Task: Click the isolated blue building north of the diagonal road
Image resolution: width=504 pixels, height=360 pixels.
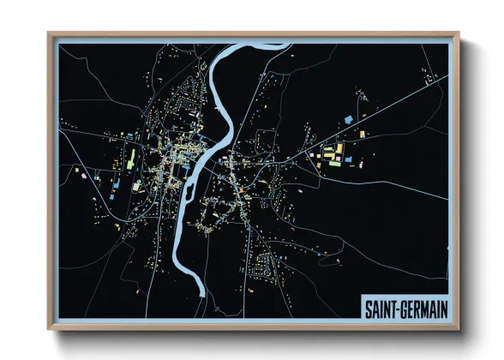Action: point(348,119)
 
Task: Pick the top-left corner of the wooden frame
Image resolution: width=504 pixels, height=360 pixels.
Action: point(50,34)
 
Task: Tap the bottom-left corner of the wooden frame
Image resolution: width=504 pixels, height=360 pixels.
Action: point(50,330)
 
